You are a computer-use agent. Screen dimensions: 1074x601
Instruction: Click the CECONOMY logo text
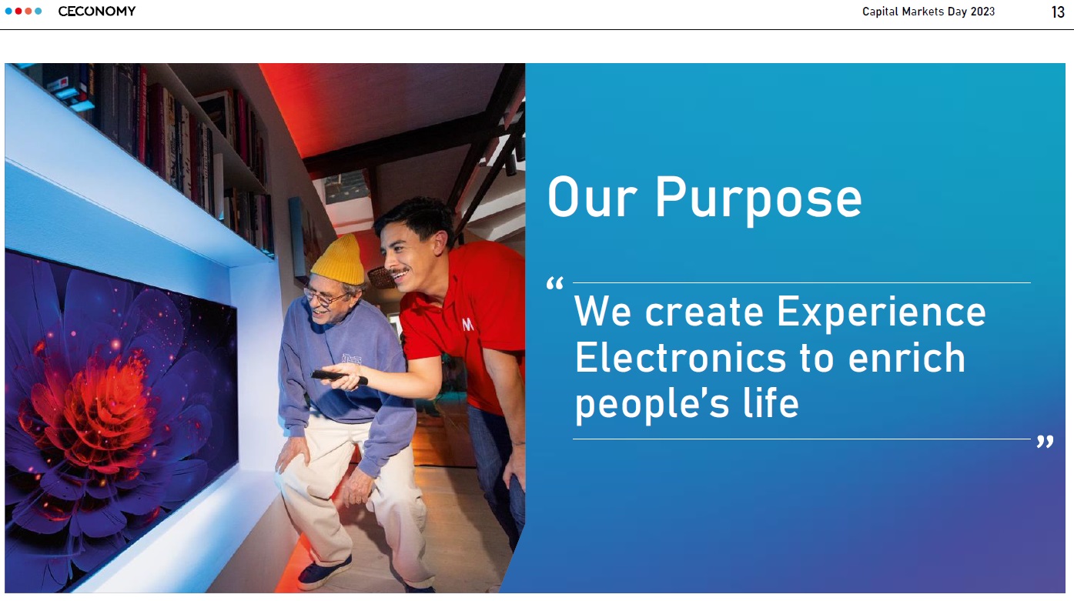coord(97,11)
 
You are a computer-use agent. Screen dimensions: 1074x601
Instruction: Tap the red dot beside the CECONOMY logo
coord(18,11)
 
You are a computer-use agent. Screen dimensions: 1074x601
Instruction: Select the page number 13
coord(1058,12)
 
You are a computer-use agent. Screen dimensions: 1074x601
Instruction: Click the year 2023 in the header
coord(982,12)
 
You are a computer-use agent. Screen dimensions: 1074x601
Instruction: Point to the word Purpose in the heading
coord(758,199)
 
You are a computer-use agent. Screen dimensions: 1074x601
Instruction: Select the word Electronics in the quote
coord(681,358)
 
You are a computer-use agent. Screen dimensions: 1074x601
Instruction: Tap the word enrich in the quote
coord(907,358)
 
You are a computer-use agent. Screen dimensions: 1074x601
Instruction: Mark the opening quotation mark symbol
coord(555,283)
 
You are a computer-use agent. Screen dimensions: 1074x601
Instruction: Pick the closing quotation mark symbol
coord(1046,442)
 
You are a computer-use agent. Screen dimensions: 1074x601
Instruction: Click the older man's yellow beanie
coord(339,261)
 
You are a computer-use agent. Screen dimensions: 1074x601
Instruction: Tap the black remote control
coord(339,377)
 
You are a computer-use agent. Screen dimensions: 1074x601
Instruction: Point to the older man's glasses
coord(324,298)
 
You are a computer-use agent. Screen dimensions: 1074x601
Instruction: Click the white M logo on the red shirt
coord(467,325)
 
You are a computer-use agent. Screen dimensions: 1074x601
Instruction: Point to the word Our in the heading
coord(592,197)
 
